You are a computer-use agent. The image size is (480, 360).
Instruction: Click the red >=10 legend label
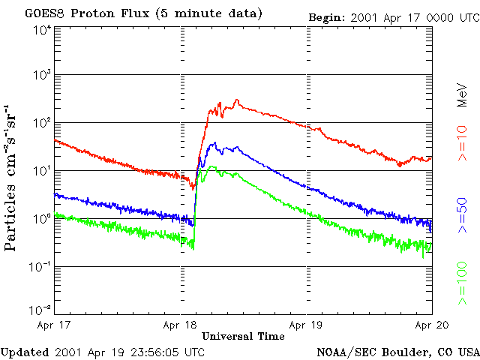463,148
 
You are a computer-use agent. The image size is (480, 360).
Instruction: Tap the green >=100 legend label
463,277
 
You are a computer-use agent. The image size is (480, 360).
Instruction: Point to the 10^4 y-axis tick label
41,30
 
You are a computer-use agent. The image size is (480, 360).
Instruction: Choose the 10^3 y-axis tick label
41,75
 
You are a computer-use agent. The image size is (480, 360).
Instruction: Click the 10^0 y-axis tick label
41,218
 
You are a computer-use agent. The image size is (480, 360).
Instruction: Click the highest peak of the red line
236,100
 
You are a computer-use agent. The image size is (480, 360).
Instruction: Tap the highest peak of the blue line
214,142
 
